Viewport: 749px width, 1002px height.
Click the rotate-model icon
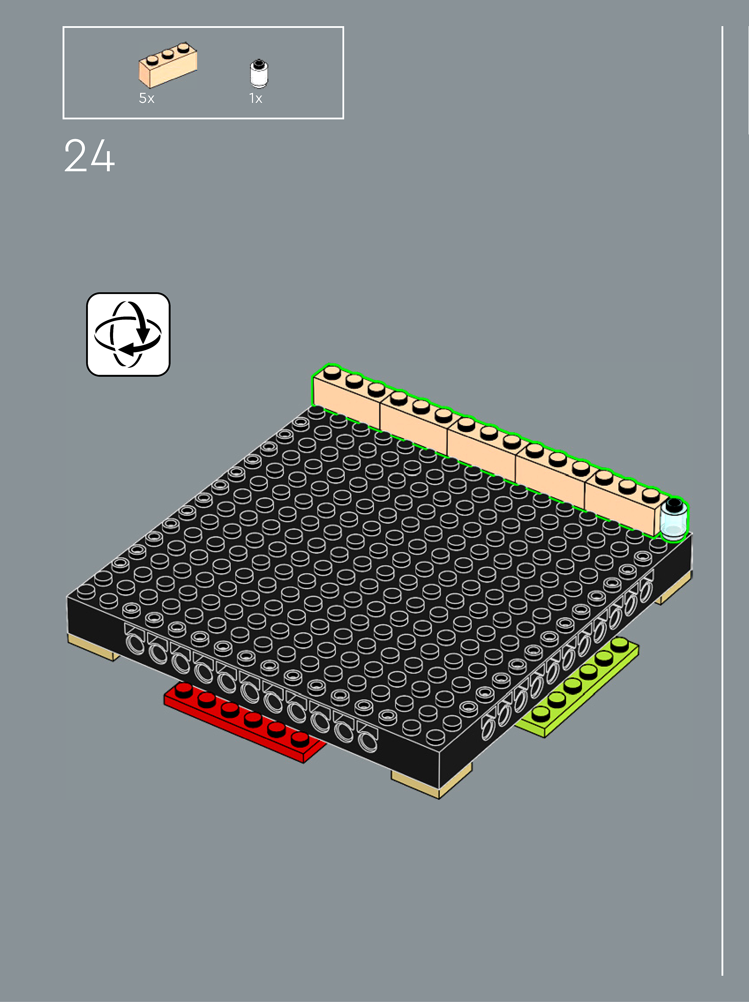click(128, 334)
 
